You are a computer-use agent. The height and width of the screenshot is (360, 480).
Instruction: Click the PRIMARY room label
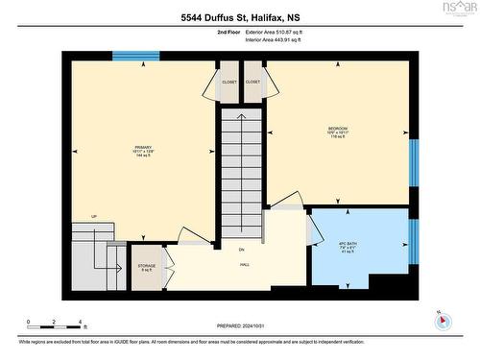pyautogui.click(x=144, y=147)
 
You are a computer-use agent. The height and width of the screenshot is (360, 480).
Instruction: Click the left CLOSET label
pyautogui.click(x=228, y=83)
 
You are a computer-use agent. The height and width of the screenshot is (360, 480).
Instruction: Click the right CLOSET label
pyautogui.click(x=253, y=83)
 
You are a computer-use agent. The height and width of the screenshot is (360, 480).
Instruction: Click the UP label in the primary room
pyautogui.click(x=94, y=216)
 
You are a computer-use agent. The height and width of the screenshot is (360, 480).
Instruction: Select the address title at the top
pyautogui.click(x=239, y=17)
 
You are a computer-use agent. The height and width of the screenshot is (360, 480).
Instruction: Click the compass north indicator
pyautogui.click(x=440, y=319)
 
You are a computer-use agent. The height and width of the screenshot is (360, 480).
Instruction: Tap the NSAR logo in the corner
pyautogui.click(x=458, y=10)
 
